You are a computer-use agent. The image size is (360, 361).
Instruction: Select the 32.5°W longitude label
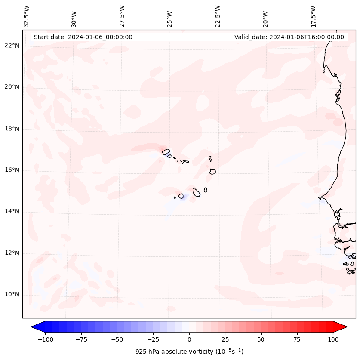[x=27, y=16]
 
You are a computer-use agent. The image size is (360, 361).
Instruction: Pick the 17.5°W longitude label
[x=313, y=16]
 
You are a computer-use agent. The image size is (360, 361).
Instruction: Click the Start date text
[x=83, y=37]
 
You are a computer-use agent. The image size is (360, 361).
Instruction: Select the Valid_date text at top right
[x=289, y=37]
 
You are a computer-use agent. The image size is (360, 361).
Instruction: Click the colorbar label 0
[x=189, y=339]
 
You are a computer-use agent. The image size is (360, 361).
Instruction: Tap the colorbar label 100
[x=333, y=339]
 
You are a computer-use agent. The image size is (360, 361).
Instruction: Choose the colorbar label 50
[x=261, y=339]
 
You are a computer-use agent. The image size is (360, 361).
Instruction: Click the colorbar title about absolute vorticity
[x=189, y=352]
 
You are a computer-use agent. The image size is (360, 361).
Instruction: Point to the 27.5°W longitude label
[x=122, y=16]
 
